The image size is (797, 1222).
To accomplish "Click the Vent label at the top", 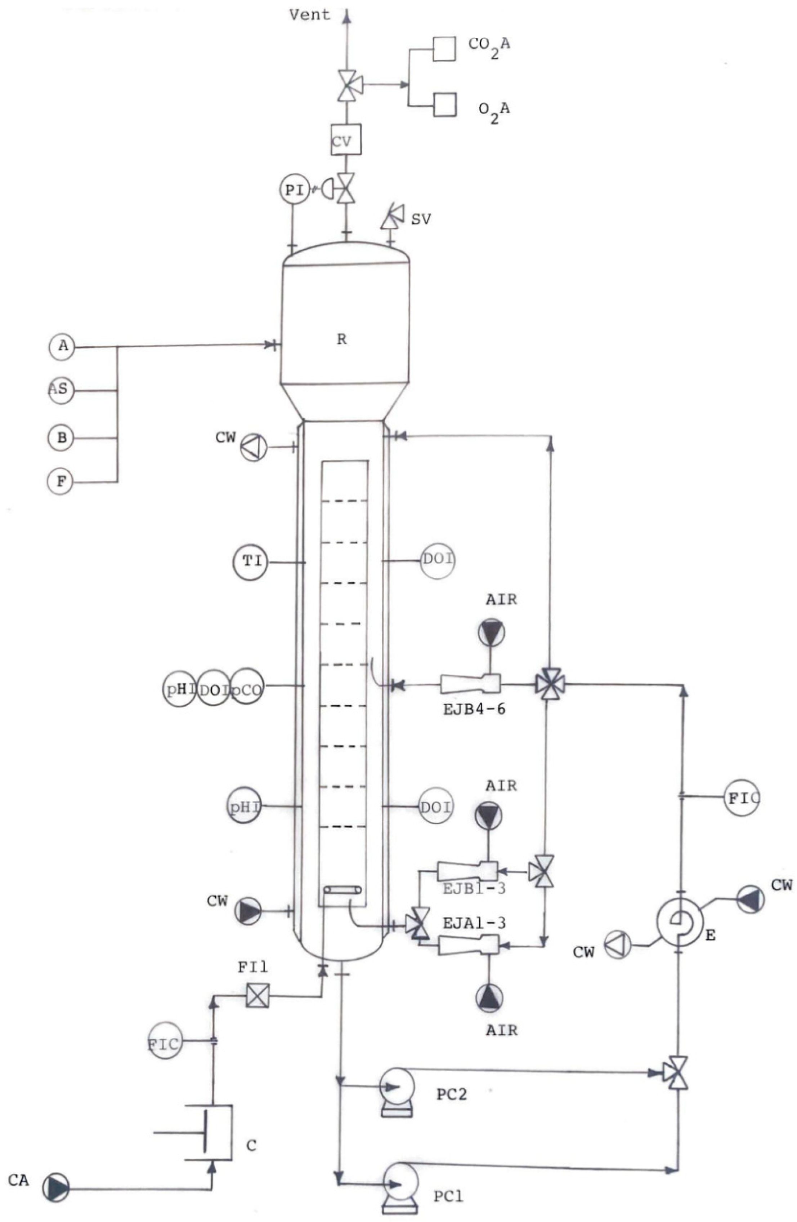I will [309, 14].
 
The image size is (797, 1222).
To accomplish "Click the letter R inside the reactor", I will [341, 339].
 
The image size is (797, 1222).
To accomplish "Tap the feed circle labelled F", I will [61, 481].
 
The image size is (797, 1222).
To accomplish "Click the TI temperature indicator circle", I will [251, 562].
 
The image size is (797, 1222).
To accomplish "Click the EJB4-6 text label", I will [474, 710].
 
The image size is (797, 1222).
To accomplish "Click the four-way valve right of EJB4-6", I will [550, 684].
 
